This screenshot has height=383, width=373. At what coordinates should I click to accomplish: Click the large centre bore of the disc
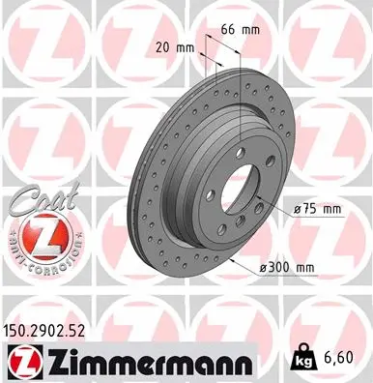tap(238, 191)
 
